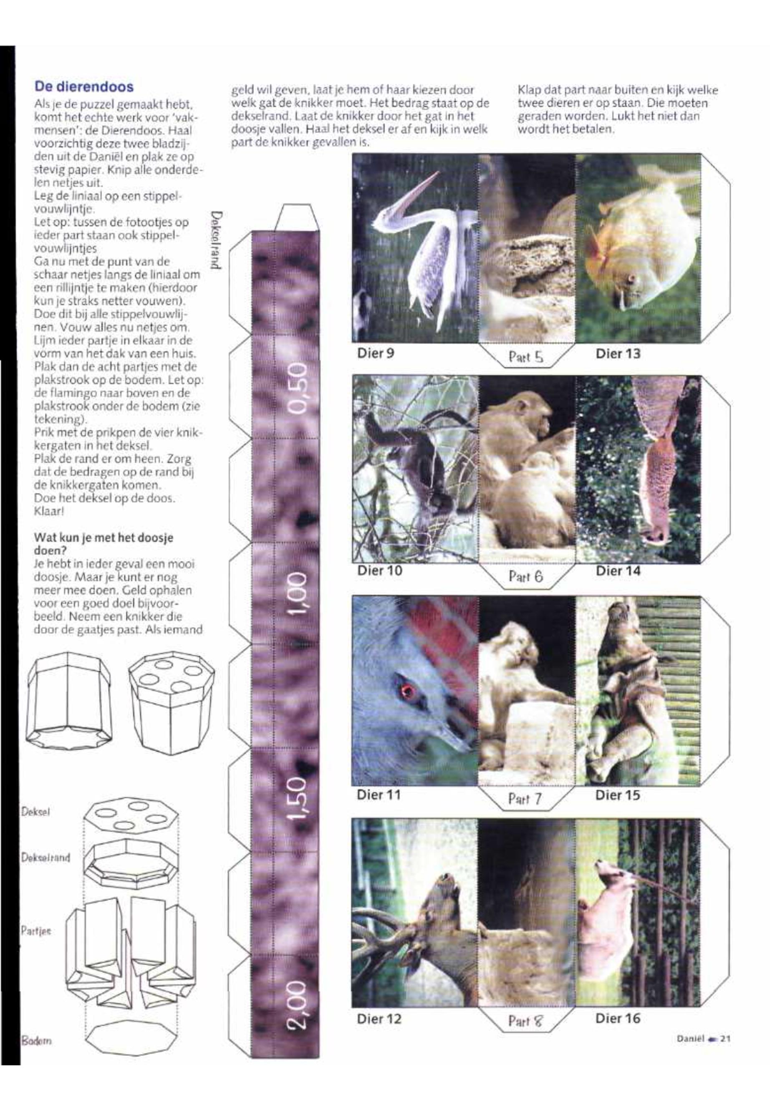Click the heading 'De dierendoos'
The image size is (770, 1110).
pyautogui.click(x=83, y=87)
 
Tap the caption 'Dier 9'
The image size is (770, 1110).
pyautogui.click(x=375, y=353)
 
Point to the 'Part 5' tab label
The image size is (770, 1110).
pyautogui.click(x=525, y=358)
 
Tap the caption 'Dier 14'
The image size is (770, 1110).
pyautogui.click(x=618, y=571)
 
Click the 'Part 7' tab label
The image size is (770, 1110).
pyautogui.click(x=525, y=800)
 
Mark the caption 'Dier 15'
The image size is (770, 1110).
pyautogui.click(x=618, y=795)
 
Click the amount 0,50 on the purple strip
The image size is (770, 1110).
pyautogui.click(x=298, y=388)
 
